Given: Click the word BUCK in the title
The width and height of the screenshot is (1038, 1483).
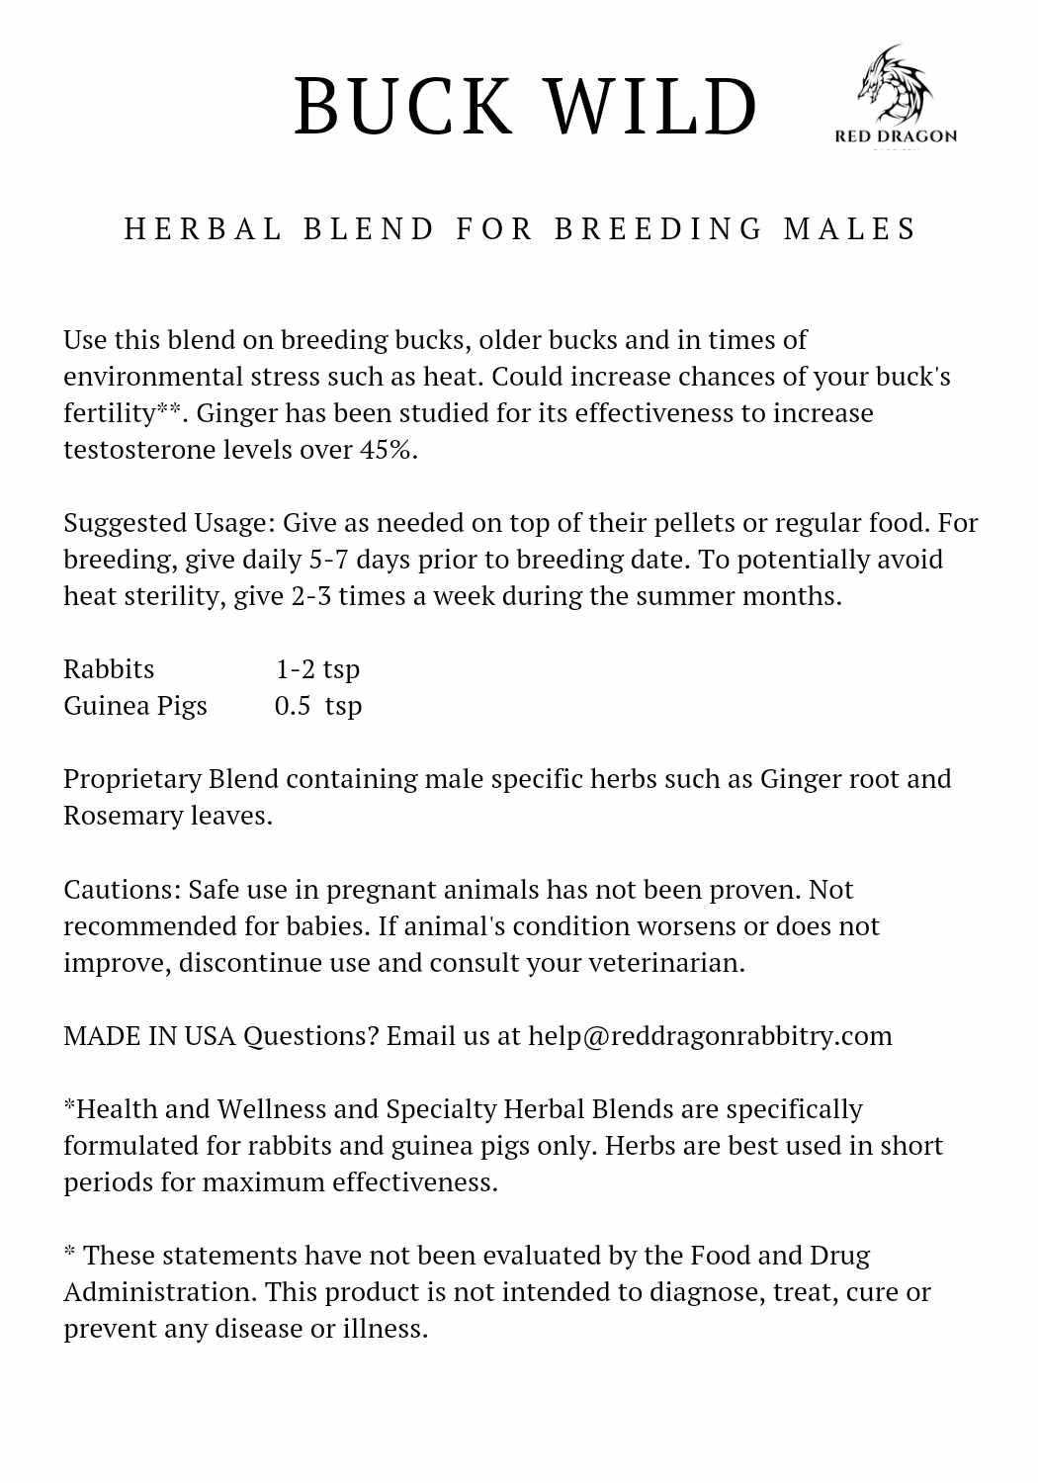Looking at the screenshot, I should (403, 107).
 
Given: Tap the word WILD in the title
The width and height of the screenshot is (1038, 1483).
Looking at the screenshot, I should (651, 107).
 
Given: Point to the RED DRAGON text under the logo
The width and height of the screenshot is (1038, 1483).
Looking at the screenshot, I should (896, 136).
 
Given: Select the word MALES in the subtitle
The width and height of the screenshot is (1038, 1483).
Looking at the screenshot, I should (850, 229).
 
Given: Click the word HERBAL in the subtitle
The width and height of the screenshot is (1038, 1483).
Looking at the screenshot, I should (204, 229).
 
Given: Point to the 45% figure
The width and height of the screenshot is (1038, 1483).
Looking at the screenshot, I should (388, 450).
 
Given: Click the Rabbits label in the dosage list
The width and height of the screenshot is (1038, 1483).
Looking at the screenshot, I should (109, 669).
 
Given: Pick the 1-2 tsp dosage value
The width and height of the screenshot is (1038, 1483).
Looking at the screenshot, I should (317, 669).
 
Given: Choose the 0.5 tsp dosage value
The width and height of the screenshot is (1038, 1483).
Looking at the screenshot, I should (317, 706).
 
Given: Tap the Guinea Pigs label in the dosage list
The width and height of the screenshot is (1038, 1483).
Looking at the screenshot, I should (135, 706).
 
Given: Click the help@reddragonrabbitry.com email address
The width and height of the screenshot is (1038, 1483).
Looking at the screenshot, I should (710, 1036).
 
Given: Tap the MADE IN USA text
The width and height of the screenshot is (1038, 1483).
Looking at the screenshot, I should (149, 1036).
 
